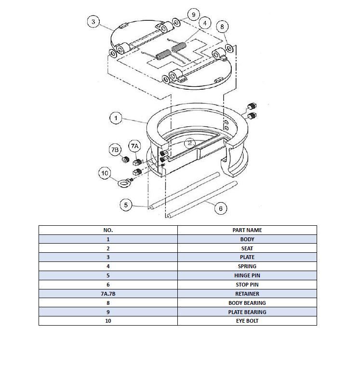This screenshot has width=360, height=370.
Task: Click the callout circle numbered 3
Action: [93, 22]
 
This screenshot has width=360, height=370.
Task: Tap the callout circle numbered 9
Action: [193, 14]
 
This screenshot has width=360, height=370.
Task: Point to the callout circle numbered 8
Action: [222, 27]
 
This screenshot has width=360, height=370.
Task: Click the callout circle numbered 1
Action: [116, 118]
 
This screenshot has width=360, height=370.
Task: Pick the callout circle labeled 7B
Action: [115, 150]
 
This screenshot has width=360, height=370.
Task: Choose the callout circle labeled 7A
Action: [134, 146]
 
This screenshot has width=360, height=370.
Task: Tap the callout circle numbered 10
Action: [105, 173]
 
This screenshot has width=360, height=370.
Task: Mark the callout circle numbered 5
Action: [126, 205]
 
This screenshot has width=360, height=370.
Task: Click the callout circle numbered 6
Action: [220, 208]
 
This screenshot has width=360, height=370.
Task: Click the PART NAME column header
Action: [247, 230]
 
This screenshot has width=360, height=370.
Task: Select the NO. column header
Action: [108, 230]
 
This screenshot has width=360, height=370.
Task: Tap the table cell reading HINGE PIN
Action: [247, 275]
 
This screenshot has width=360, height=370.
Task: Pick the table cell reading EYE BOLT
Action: [247, 321]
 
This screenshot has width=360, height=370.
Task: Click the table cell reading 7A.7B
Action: [108, 294]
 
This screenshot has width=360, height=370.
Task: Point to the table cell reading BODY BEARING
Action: [247, 303]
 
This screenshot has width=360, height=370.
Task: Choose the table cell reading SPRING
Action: [247, 266]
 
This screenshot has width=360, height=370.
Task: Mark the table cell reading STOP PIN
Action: [247, 285]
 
